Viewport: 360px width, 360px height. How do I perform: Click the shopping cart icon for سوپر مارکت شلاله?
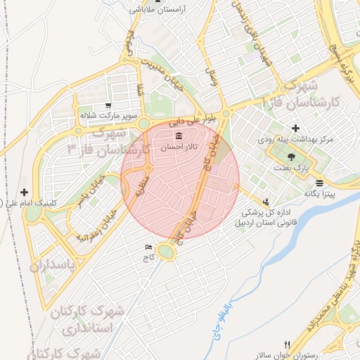tap(108, 105)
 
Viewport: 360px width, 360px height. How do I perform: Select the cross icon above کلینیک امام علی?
tap(25, 192)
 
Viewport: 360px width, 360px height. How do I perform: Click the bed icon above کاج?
tap(148, 247)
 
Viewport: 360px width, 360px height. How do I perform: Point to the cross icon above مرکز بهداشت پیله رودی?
tap(295, 129)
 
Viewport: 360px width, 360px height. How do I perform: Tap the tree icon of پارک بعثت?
tap(292, 157)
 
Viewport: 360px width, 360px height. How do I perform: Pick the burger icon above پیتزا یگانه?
tap(320, 182)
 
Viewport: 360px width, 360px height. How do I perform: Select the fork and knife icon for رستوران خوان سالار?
tap(306, 344)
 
